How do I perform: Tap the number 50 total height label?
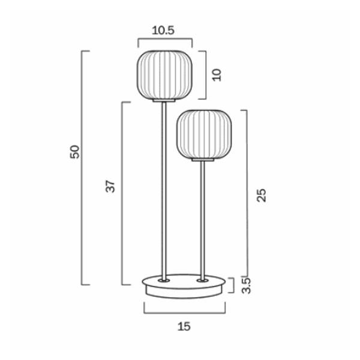[x=74, y=151]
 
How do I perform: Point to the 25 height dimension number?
[x=260, y=195]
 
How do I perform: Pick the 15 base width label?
[x=184, y=326]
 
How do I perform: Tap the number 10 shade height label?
[x=217, y=74]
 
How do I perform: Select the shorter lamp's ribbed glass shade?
[x=204, y=134]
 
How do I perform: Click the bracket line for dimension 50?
[x=82, y=168]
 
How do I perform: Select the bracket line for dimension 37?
[x=122, y=192]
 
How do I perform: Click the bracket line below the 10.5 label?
[x=165, y=40]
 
